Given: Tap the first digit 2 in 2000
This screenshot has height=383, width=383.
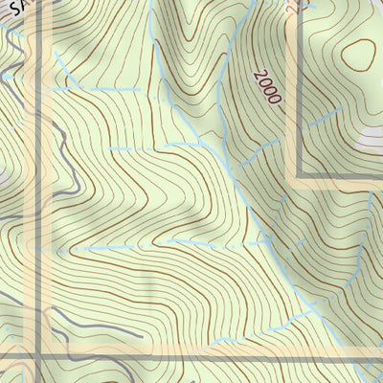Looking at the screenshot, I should tap(260, 75).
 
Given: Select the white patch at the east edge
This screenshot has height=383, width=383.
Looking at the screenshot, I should tap(373, 139).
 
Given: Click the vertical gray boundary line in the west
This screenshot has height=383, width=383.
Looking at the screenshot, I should tap(38, 191).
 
